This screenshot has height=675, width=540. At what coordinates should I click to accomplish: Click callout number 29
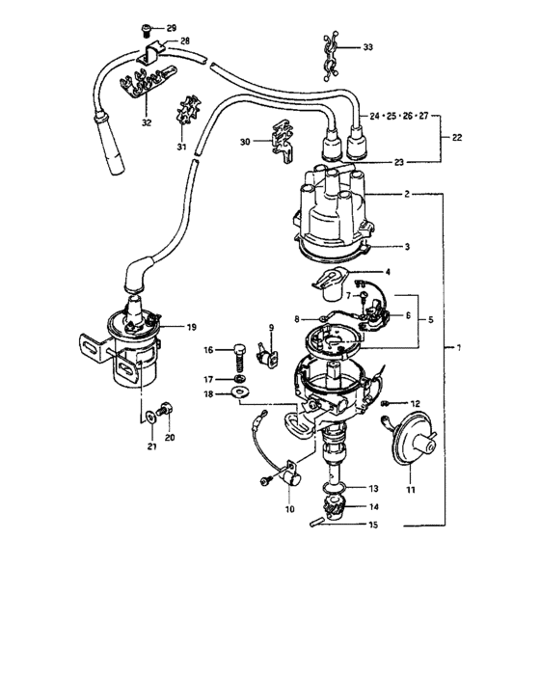(x=172, y=28)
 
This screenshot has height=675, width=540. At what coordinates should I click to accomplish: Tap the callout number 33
(x=367, y=46)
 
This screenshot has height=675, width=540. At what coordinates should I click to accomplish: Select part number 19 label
(x=191, y=327)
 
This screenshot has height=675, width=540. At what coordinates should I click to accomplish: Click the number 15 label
(x=374, y=525)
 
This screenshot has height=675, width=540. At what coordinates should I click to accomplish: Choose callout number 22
(x=457, y=138)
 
